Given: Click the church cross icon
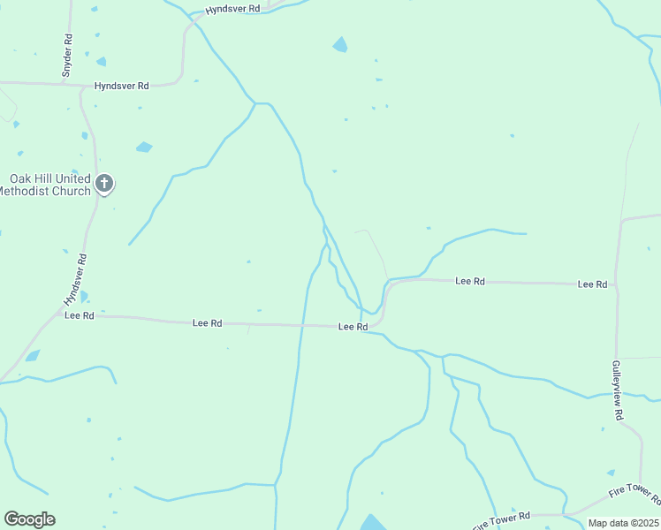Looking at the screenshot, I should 104,184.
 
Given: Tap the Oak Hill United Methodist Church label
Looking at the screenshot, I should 49,185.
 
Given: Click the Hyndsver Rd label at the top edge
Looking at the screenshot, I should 232,9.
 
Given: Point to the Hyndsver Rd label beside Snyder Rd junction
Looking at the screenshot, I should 122,86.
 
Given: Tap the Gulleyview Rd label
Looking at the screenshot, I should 619,390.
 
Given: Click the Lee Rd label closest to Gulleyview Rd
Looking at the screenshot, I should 592,284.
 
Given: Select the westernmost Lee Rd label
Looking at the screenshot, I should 80,315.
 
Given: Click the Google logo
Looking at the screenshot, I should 29,519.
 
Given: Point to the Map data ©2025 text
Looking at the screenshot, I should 624,523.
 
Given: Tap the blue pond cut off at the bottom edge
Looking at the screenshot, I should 373,522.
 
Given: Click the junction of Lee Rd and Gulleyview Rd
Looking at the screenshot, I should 616,284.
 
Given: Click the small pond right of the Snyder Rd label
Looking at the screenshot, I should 101,61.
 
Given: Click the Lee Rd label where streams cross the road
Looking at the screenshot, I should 353,327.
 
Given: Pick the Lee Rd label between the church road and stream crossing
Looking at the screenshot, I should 207,323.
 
